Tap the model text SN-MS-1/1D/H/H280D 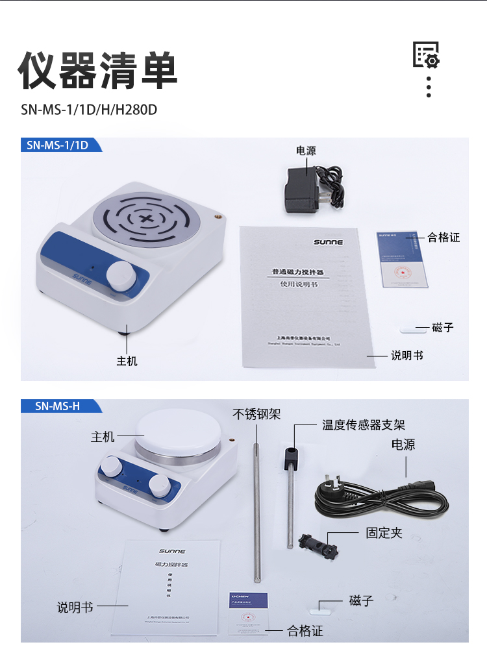pyautogui.click(x=89, y=108)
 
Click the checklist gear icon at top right pyautogui.click(x=427, y=55)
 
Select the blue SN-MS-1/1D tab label pyautogui.click(x=58, y=145)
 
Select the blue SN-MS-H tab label pyautogui.click(x=58, y=406)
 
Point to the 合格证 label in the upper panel pyautogui.click(x=443, y=238)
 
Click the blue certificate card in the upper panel pyautogui.click(x=405, y=260)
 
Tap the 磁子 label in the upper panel pyautogui.click(x=443, y=328)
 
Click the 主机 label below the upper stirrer pyautogui.click(x=127, y=361)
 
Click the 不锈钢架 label pyautogui.click(x=257, y=414)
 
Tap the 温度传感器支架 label pyautogui.click(x=364, y=425)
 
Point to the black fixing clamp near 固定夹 pyautogui.click(x=318, y=545)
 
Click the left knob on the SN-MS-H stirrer pyautogui.click(x=111, y=466)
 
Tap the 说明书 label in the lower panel pyautogui.click(x=75, y=608)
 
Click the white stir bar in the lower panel pyautogui.click(x=323, y=608)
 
